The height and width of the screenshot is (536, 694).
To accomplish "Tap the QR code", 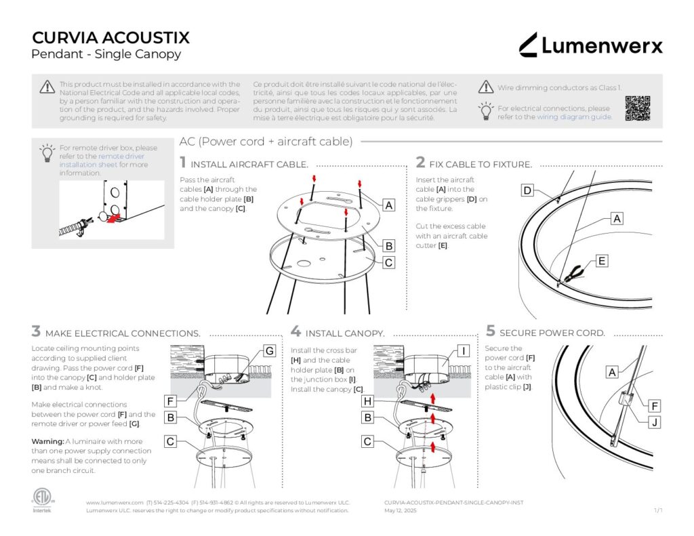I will (x=637, y=108).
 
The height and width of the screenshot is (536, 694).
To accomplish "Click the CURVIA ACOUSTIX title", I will (x=110, y=37).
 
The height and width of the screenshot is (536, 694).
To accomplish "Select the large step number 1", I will (x=183, y=163).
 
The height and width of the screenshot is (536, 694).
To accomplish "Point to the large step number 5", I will (x=491, y=331).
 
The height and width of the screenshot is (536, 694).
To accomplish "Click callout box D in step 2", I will (x=527, y=191).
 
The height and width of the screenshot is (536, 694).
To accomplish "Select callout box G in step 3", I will (x=269, y=351).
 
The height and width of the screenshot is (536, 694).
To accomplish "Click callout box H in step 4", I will (x=367, y=401).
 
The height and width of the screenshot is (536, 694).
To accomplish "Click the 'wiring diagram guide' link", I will (x=574, y=117).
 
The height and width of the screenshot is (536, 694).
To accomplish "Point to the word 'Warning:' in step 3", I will (x=47, y=441).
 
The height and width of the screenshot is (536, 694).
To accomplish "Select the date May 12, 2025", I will (x=401, y=510).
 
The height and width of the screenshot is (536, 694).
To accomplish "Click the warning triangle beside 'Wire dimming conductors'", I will (x=485, y=87).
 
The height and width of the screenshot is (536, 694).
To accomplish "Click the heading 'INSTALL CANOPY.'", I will (x=345, y=333).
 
